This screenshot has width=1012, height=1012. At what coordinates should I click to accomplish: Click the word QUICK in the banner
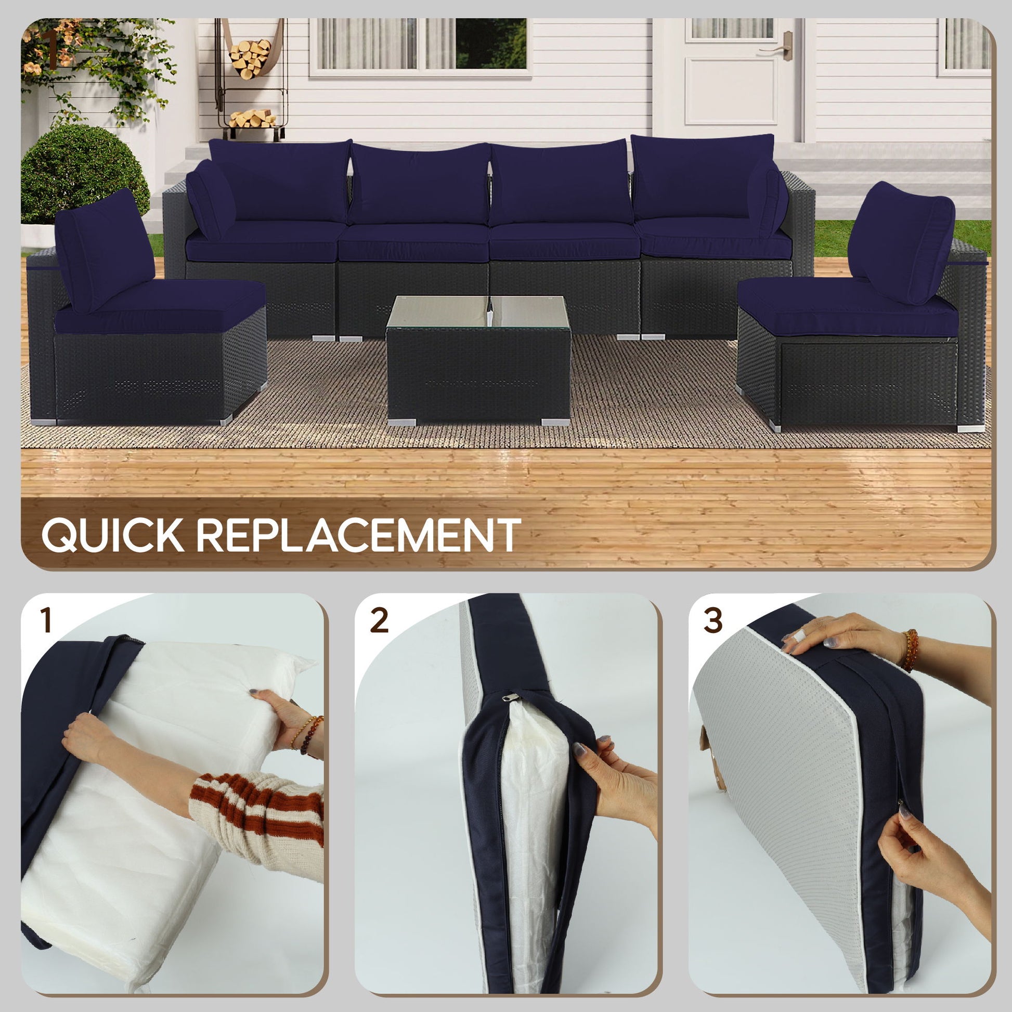(113, 535)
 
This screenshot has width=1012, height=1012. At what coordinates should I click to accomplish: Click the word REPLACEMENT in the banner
(358, 535)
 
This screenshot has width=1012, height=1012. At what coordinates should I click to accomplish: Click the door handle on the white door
(784, 49)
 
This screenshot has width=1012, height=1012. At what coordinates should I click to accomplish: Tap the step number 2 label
(379, 621)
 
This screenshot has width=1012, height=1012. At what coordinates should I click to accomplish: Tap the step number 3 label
(712, 621)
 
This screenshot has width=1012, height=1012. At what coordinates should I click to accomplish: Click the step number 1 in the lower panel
(46, 621)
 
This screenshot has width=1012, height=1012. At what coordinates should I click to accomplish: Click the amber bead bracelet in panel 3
(911, 650)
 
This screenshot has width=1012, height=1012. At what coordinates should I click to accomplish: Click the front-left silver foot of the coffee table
(402, 422)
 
